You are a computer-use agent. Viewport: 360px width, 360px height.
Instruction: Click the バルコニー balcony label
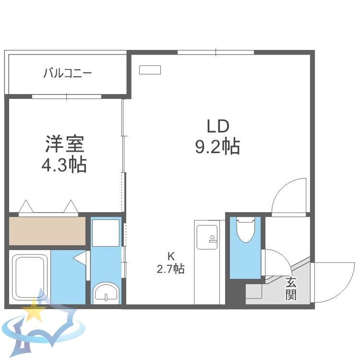coord(68,73)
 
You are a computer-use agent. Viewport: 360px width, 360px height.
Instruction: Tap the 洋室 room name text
coord(65,143)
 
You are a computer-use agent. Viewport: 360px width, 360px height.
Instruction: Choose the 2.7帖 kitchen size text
coord(170,269)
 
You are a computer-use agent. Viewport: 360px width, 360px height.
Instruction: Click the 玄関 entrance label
coord(290,288)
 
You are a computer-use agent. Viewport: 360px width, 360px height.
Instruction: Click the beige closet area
coord(47,231)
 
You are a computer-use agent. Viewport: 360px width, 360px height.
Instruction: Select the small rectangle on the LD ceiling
coord(150,70)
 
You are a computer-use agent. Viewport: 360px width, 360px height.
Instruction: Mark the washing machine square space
coord(106,233)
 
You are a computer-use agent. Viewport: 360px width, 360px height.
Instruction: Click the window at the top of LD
coord(216,52)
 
